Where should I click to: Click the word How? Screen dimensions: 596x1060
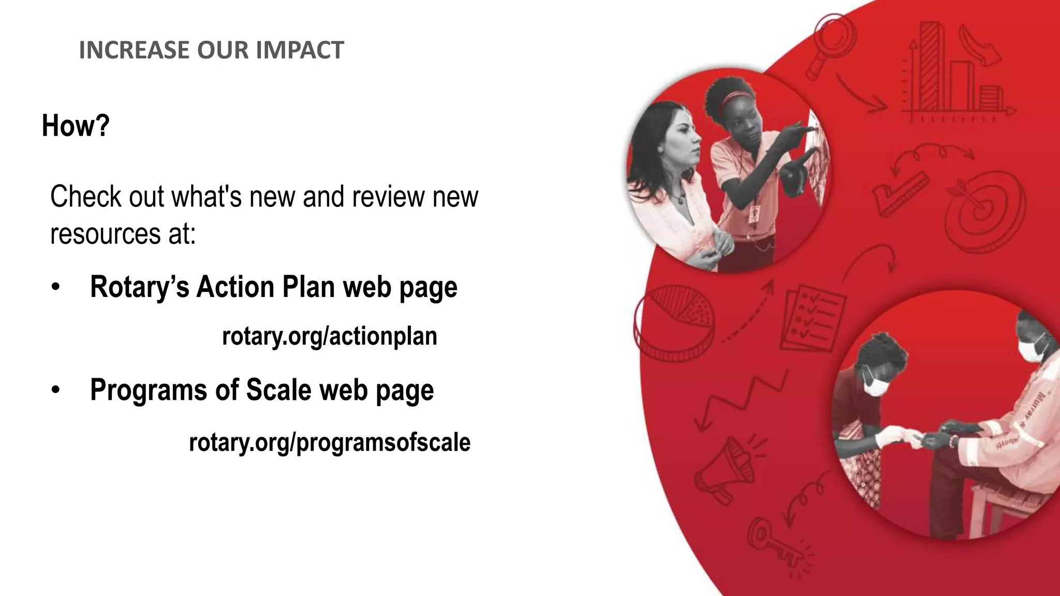coord(76,126)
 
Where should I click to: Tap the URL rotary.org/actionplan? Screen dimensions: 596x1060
coord(329,336)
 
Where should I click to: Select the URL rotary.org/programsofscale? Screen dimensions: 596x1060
coord(329,442)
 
